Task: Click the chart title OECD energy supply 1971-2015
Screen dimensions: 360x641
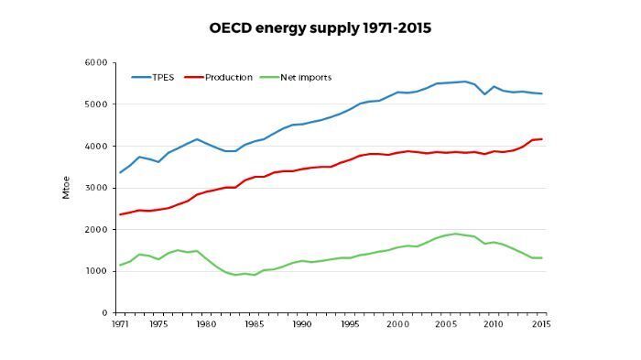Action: click(320, 28)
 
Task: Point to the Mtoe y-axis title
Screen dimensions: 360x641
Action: click(66, 188)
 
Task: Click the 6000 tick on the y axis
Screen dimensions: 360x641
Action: click(96, 62)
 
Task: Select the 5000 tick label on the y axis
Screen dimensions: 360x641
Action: click(96, 104)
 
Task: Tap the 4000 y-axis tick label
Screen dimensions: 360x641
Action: click(96, 147)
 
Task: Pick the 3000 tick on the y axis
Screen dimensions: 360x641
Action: click(96, 188)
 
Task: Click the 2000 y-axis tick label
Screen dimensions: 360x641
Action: click(96, 230)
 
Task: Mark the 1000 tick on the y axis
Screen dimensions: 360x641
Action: click(96, 271)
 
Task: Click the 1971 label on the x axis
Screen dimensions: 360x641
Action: click(120, 324)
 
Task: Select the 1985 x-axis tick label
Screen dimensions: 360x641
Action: click(255, 324)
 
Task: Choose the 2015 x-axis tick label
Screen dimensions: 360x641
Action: click(542, 324)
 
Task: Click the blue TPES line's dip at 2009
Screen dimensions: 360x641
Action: click(484, 94)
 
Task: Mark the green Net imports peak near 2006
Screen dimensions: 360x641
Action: click(456, 234)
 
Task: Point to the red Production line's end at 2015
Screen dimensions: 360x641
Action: click(542, 139)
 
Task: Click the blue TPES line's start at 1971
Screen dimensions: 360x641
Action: click(120, 172)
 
